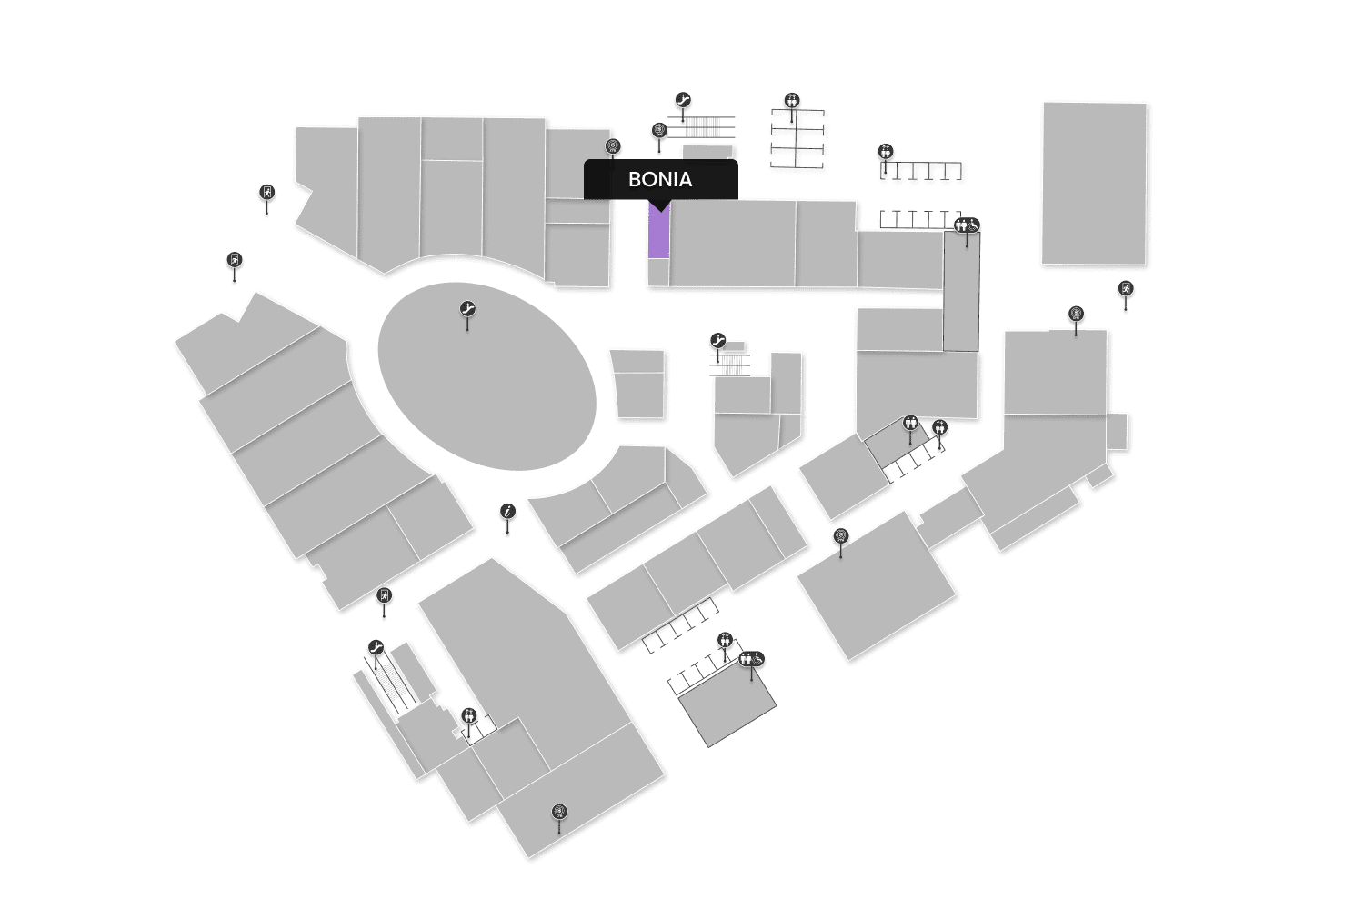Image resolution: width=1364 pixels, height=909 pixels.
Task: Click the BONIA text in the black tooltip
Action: pyautogui.click(x=660, y=179)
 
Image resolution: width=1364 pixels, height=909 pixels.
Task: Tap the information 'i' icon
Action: pyautogui.click(x=507, y=513)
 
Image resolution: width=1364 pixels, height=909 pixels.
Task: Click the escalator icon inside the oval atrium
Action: pyautogui.click(x=467, y=309)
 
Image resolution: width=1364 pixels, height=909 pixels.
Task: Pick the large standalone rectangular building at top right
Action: pyautogui.click(x=1094, y=183)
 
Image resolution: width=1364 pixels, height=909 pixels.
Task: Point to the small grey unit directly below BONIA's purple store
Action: pyautogui.click(x=658, y=272)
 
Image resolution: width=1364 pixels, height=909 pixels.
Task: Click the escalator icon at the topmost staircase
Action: pyautogui.click(x=684, y=100)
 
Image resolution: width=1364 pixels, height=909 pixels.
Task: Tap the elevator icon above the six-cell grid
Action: pyautogui.click(x=792, y=100)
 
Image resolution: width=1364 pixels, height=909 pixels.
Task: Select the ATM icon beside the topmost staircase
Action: pyautogui.click(x=659, y=131)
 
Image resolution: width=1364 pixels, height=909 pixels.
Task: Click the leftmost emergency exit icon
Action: pyautogui.click(x=235, y=261)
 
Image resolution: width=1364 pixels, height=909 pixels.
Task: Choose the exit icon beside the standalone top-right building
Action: pyautogui.click(x=1126, y=289)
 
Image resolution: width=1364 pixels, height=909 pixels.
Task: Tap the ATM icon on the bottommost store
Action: pyautogui.click(x=559, y=812)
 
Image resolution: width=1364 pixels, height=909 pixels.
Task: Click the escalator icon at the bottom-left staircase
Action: pyautogui.click(x=376, y=648)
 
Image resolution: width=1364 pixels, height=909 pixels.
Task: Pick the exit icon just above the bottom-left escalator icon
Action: pyautogui.click(x=384, y=596)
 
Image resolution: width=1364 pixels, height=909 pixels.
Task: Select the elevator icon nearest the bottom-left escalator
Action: pyautogui.click(x=468, y=715)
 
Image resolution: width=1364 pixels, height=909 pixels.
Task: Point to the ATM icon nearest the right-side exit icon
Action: pyautogui.click(x=1076, y=315)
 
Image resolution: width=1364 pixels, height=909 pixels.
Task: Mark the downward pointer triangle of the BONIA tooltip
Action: pyautogui.click(x=659, y=206)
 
